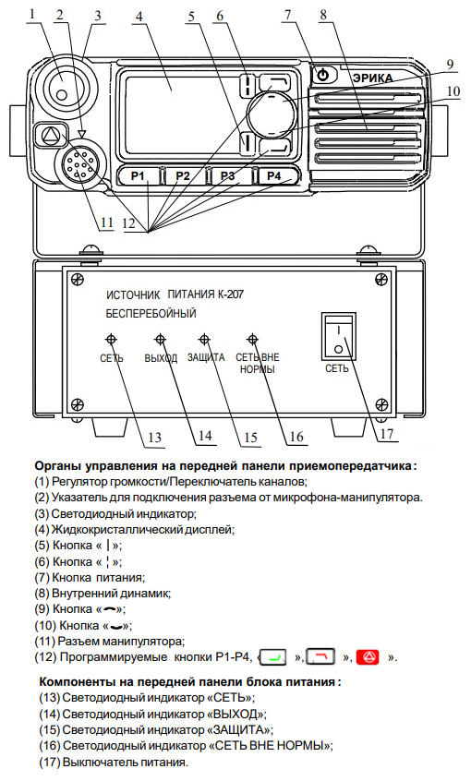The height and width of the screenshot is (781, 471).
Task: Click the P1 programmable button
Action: pyautogui.click(x=138, y=175)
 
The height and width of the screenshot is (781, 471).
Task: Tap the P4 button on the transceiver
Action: pyautogui.click(x=275, y=175)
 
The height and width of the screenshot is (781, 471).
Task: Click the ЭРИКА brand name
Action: pyautogui.click(x=372, y=78)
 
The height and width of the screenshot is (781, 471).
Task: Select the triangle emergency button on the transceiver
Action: pyautogui.click(x=51, y=135)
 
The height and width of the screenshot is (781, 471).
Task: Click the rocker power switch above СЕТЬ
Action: pyautogui.click(x=338, y=336)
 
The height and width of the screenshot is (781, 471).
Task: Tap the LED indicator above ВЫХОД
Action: pyautogui.click(x=160, y=340)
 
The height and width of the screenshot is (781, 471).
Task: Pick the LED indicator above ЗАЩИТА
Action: pyautogui.click(x=204, y=340)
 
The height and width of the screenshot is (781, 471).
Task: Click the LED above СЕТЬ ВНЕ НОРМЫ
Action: pyautogui.click(x=253, y=340)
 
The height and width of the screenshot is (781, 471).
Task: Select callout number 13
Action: pyautogui.click(x=154, y=438)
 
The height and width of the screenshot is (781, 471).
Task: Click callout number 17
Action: pyautogui.click(x=387, y=434)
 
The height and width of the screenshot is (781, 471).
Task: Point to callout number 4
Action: pyautogui.click(x=139, y=16)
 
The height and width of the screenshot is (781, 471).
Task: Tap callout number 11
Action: pyautogui.click(x=106, y=222)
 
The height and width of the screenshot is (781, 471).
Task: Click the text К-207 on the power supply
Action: pyautogui.click(x=230, y=294)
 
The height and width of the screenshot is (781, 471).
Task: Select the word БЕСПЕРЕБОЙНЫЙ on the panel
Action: pyautogui.click(x=151, y=314)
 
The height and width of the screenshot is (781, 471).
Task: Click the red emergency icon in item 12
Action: pyautogui.click(x=368, y=656)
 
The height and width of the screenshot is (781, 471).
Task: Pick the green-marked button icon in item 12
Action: pyautogui.click(x=274, y=657)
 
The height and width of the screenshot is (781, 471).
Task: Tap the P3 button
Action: pyautogui.click(x=228, y=175)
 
